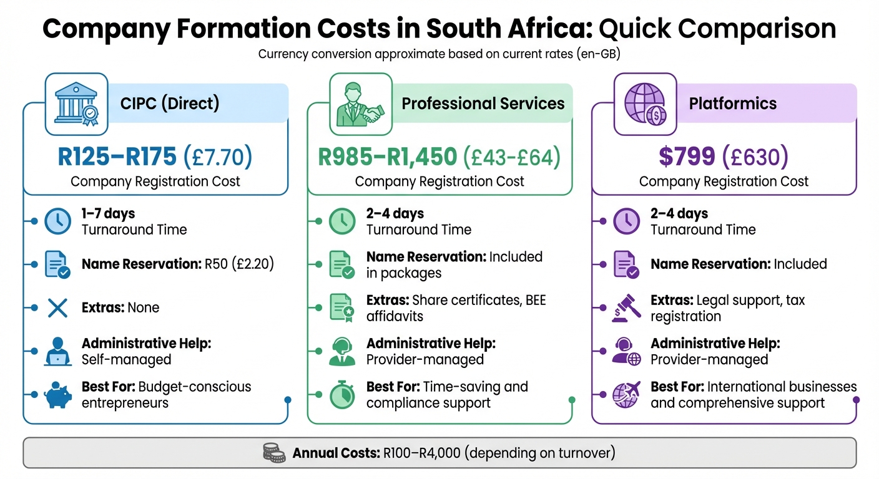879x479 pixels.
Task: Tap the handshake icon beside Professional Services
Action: click(361, 104)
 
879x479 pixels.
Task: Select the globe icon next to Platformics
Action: click(645, 104)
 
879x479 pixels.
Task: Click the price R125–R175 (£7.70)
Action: click(155, 157)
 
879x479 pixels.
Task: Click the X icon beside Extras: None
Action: click(57, 307)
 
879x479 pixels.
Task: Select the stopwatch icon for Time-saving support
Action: click(342, 395)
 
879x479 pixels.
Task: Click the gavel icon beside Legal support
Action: click(626, 308)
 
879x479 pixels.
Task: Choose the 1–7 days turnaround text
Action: click(108, 214)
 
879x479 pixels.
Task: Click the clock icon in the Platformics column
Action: click(626, 221)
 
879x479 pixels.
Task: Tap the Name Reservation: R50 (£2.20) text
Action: click(178, 264)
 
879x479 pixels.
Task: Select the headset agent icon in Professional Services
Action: click(342, 351)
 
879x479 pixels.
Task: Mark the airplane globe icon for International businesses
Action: click(626, 395)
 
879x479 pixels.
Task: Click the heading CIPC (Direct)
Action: click(170, 103)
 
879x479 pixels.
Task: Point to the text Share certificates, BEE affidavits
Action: click(456, 308)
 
